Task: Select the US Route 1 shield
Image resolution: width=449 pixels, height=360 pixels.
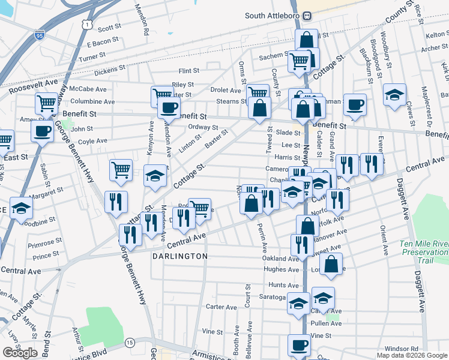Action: (88, 23)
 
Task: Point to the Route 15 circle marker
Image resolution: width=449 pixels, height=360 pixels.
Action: (129, 342)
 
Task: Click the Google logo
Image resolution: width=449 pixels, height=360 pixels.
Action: (20, 353)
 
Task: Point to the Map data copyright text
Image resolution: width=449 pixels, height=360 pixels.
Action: (412, 355)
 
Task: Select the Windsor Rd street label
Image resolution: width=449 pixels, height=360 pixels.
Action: (401, 348)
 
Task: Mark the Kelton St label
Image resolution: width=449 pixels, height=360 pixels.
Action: (436, 35)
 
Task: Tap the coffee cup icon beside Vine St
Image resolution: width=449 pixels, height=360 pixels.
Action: (300, 345)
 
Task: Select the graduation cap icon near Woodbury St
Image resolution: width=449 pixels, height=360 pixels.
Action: (395, 95)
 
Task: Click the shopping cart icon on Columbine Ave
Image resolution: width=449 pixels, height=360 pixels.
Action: (46, 103)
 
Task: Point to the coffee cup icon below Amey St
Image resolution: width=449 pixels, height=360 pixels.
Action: (43, 130)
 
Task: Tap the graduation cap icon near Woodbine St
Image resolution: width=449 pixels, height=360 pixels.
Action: (21, 208)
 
